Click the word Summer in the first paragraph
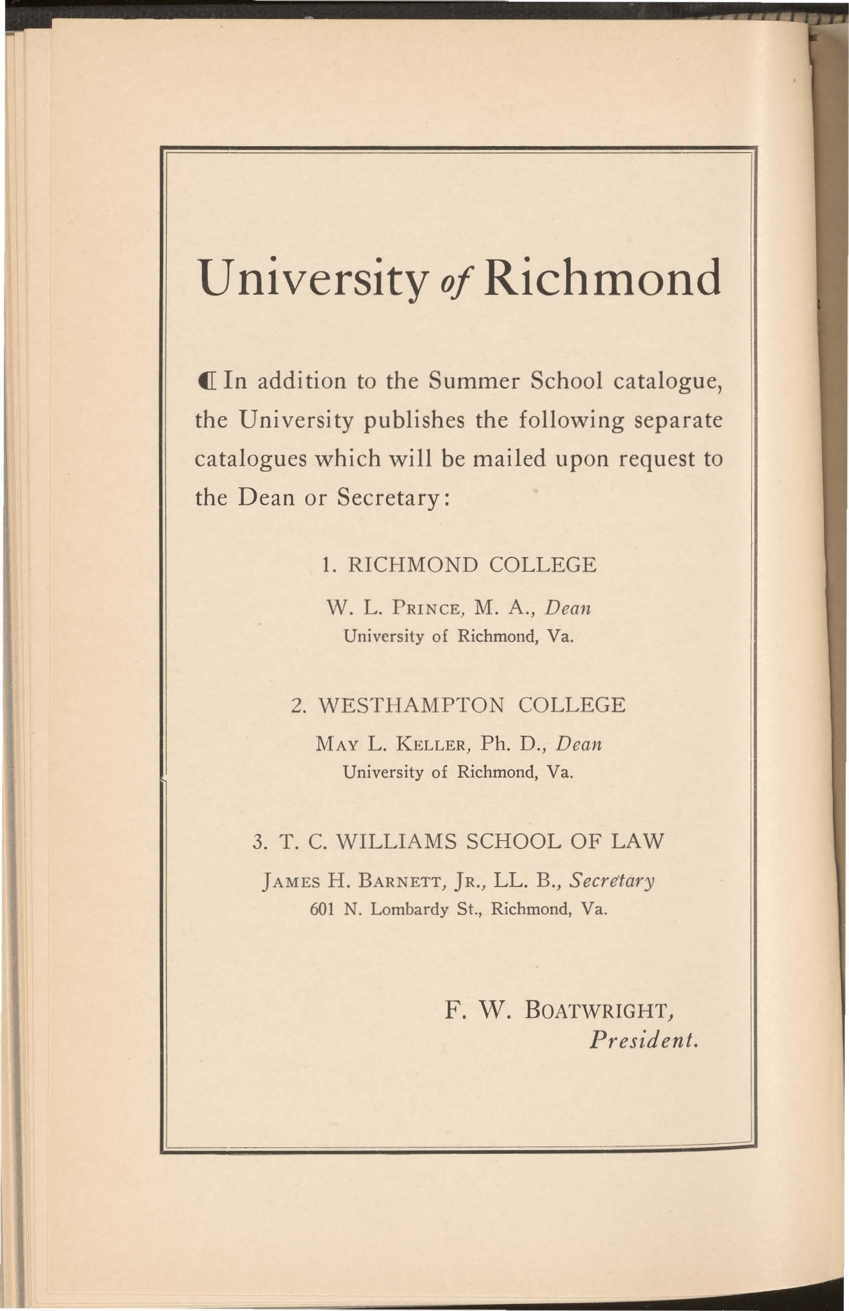[x=474, y=381]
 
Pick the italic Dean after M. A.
[x=568, y=609]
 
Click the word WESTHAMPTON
[x=412, y=705]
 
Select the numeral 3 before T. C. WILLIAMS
[x=257, y=842]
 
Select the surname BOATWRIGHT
[x=600, y=1010]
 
